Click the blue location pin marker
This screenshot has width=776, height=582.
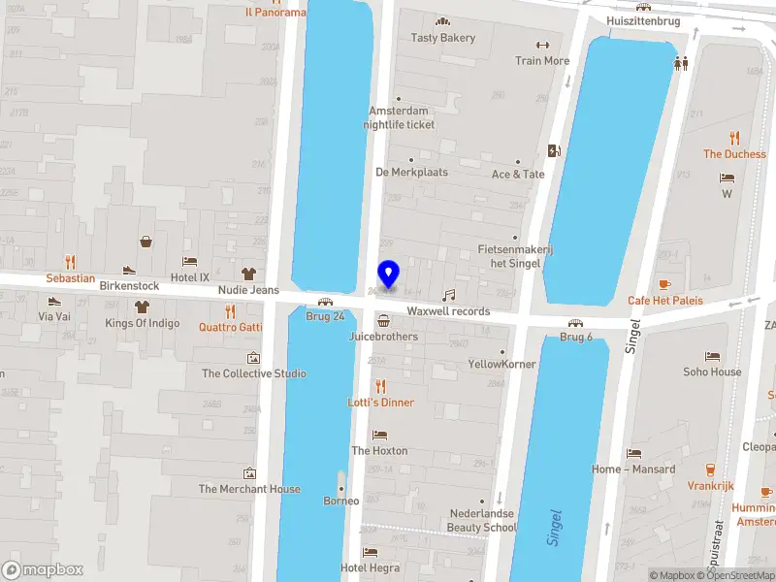tap(388, 275)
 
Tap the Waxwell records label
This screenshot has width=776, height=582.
tap(448, 311)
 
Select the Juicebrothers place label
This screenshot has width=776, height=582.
tap(383, 337)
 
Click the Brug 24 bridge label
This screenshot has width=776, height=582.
tap(325, 316)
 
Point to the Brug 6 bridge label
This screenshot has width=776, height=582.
tap(575, 337)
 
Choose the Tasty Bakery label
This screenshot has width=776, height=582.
tap(443, 38)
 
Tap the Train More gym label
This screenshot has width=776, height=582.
tap(542, 60)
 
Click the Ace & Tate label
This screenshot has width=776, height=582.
tap(518, 175)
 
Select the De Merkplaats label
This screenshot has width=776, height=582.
tap(411, 172)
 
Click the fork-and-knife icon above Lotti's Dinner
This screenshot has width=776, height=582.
tap(380, 385)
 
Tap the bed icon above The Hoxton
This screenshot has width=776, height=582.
tap(379, 434)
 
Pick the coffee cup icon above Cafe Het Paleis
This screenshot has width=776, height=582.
tap(664, 284)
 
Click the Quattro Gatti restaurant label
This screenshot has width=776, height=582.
tap(230, 327)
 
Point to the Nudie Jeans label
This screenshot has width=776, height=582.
tap(248, 290)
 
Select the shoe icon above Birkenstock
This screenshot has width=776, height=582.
tap(129, 270)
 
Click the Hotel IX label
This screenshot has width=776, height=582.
tap(190, 277)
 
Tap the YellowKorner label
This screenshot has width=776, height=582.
tap(501, 365)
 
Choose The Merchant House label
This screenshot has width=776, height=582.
tap(249, 489)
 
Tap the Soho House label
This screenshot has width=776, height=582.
tap(712, 372)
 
